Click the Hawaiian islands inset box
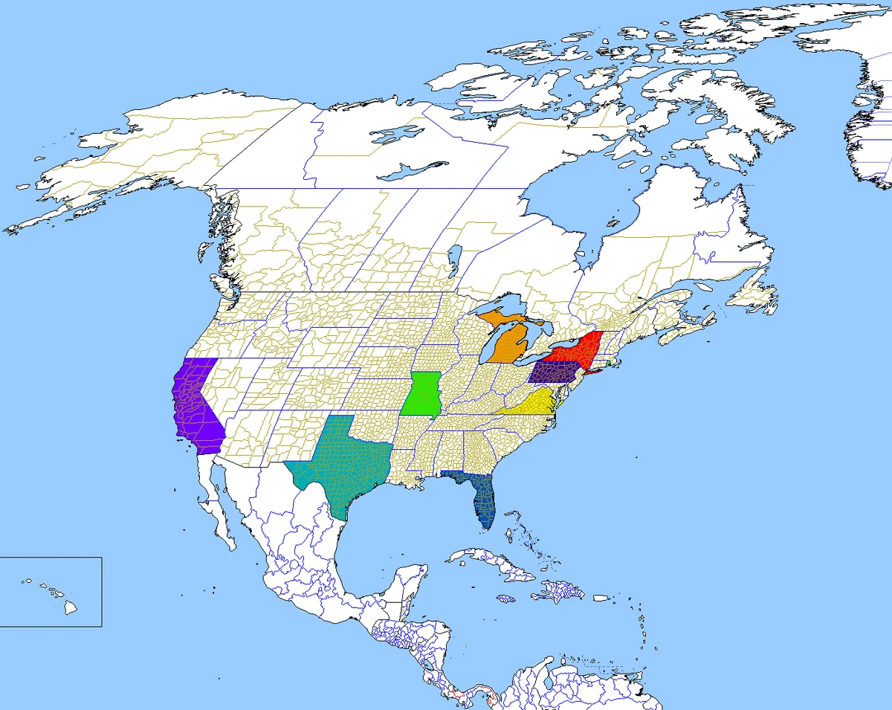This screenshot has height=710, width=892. (51, 591)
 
